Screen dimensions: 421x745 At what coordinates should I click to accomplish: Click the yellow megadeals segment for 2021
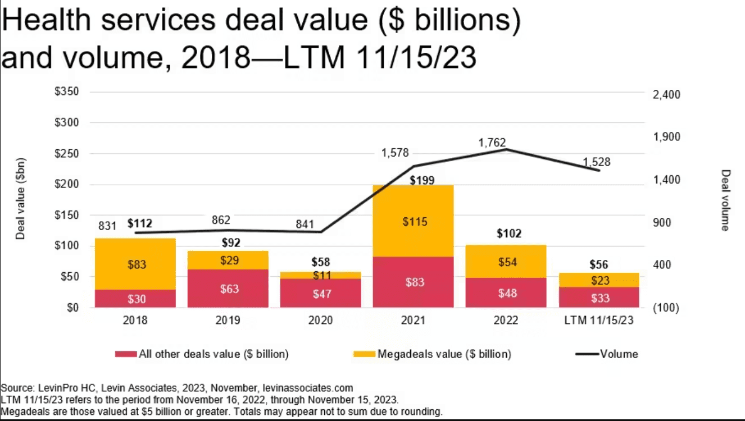[414, 221]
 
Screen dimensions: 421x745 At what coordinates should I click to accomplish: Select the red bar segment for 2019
[228, 289]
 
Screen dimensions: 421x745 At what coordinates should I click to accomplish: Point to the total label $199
[421, 180]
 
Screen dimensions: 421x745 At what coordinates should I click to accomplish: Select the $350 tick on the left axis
[66, 92]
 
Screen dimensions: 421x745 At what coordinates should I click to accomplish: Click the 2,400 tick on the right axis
[666, 95]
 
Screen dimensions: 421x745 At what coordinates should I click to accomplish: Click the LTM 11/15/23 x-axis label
[599, 321]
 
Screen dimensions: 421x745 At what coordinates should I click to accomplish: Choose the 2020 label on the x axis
[320, 321]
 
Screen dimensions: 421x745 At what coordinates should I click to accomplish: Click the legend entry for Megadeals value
[444, 354]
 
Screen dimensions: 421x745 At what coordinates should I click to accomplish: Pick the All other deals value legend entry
[213, 354]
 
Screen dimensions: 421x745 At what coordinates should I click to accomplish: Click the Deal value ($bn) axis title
[21, 199]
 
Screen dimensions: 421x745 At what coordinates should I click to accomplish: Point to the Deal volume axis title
[725, 200]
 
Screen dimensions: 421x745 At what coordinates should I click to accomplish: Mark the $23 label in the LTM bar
[601, 281]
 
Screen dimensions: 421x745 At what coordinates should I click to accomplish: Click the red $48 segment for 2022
[506, 293]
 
